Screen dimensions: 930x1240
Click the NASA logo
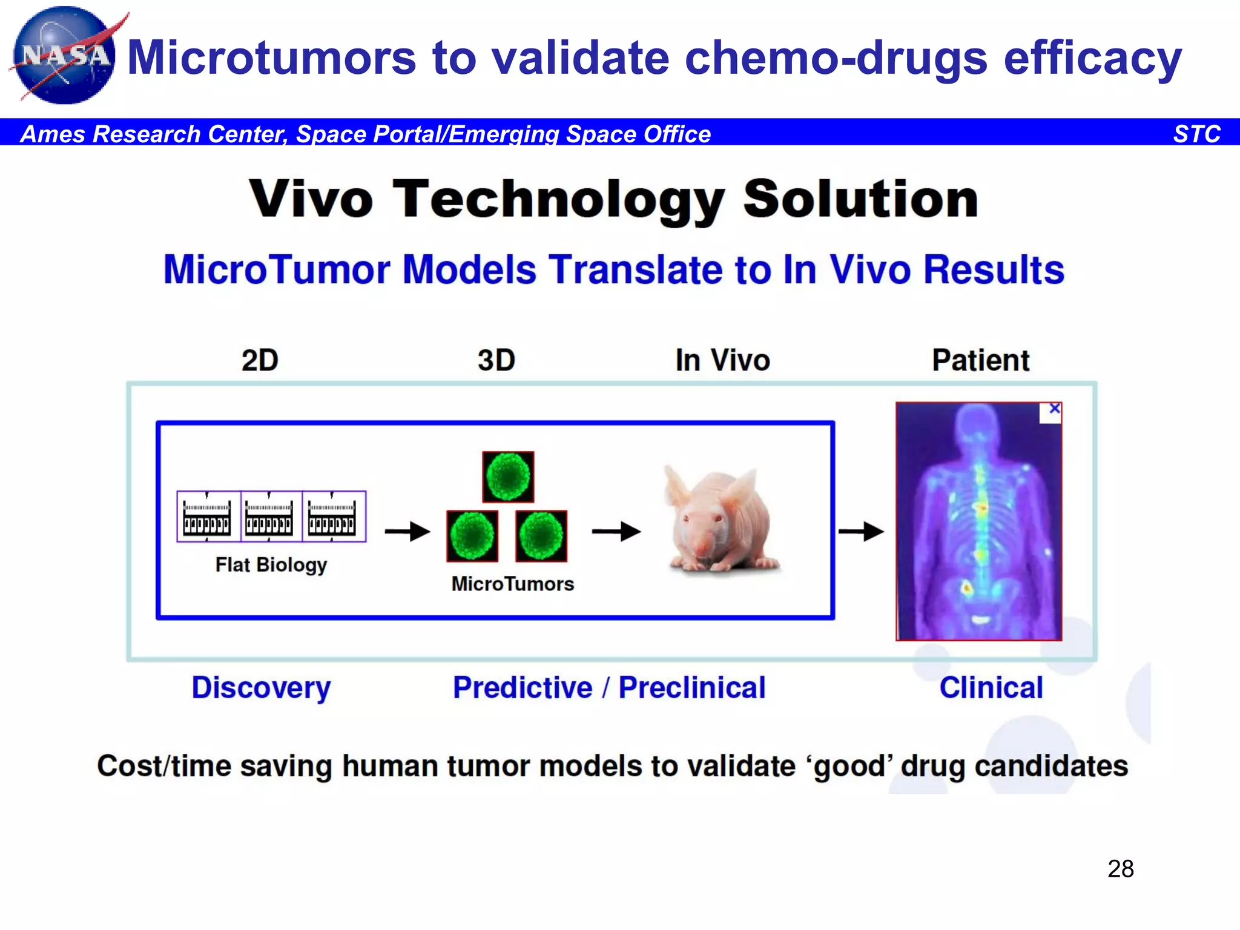pyautogui.click(x=64, y=56)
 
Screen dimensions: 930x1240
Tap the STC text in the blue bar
pyautogui.click(x=1196, y=134)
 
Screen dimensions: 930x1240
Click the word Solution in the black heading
pyautogui.click(x=860, y=200)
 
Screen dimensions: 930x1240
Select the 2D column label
pyautogui.click(x=260, y=360)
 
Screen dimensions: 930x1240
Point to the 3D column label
pyautogui.click(x=496, y=360)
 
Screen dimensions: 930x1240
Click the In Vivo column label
pyautogui.click(x=722, y=360)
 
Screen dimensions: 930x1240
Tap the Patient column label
pyautogui.click(x=980, y=360)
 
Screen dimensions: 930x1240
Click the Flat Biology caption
pyautogui.click(x=271, y=565)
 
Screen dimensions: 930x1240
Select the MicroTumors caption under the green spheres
pyautogui.click(x=513, y=584)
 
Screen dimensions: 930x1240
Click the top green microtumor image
pyautogui.click(x=508, y=477)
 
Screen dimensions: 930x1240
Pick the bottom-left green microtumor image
pyautogui.click(x=472, y=536)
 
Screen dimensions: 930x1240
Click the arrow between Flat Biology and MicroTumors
pyautogui.click(x=407, y=532)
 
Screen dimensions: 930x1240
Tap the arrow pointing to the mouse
pyautogui.click(x=616, y=532)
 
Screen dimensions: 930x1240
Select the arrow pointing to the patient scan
pyautogui.click(x=861, y=532)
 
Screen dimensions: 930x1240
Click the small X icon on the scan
pyautogui.click(x=1054, y=409)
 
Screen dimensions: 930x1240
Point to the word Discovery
pyautogui.click(x=262, y=688)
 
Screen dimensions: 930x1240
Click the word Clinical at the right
pyautogui.click(x=991, y=688)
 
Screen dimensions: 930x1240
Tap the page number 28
pyautogui.click(x=1121, y=869)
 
